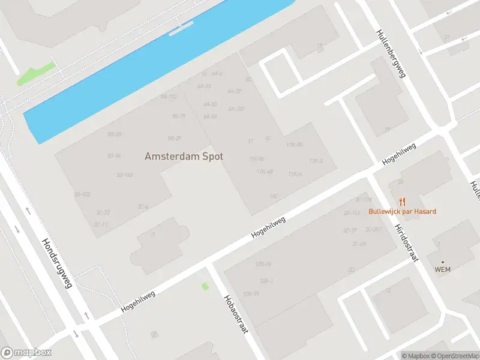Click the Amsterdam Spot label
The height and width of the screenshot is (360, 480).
184,156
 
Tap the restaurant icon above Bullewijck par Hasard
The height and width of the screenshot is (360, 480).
402,202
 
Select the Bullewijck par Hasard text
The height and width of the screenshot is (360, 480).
402,211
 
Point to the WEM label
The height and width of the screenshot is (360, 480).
442,269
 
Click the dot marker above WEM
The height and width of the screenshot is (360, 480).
443,262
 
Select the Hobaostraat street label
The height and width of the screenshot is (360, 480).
235,314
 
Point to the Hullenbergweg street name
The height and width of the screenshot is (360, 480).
392,53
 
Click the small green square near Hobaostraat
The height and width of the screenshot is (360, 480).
205,286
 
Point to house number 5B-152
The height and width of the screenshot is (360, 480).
82,194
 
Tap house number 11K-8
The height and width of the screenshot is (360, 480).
316,161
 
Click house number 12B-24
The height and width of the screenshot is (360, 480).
263,264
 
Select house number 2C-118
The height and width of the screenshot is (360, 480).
364,200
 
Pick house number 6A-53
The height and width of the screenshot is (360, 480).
210,104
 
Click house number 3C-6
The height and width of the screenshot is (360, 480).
143,206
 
